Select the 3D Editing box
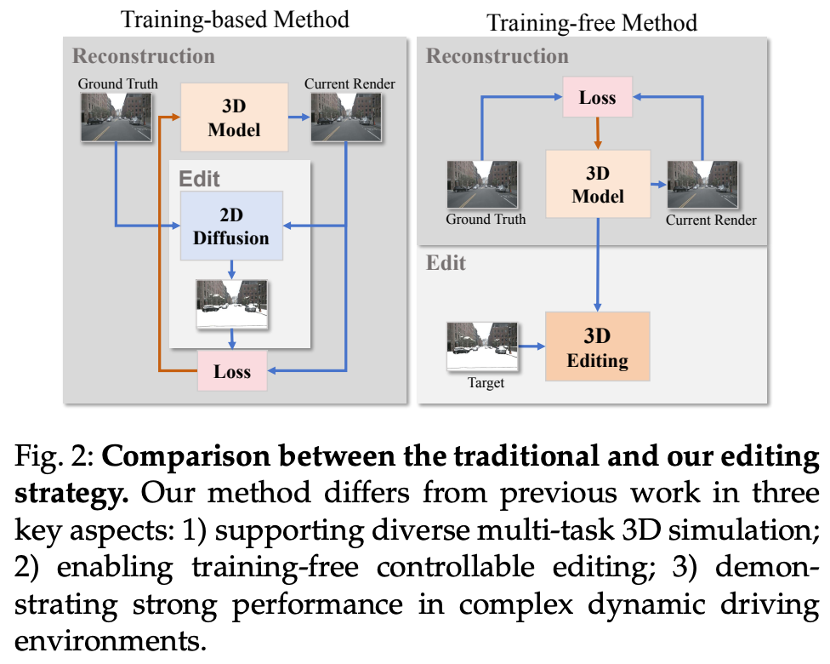click(597, 347)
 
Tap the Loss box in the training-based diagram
click(232, 370)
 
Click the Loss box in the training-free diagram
click(597, 97)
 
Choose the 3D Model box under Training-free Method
click(597, 184)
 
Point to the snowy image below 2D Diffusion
click(232, 305)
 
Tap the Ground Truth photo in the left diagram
click(117, 117)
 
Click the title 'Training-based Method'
click(235, 20)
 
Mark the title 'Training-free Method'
click(592, 21)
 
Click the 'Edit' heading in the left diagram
click(199, 179)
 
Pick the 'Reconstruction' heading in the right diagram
click(497, 57)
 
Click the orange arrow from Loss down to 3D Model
click(597, 133)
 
